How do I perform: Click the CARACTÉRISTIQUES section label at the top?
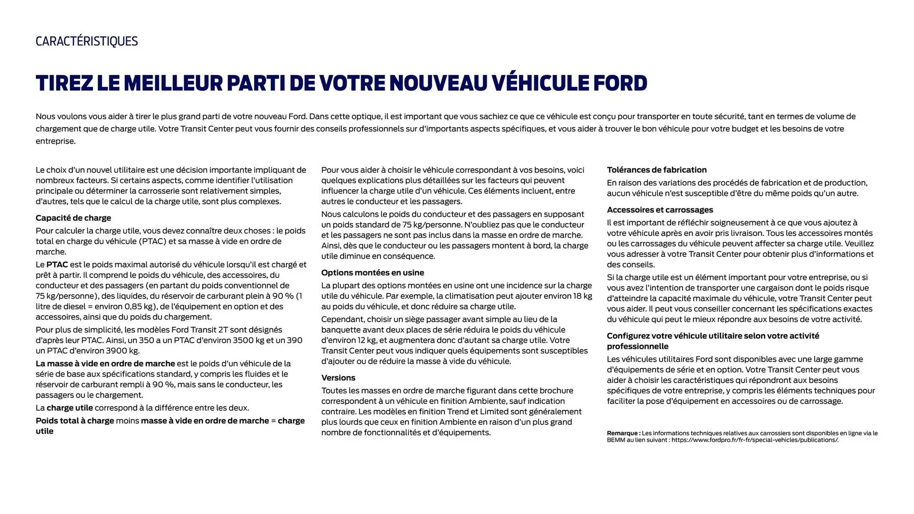[x=87, y=41]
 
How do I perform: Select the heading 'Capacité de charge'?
[x=73, y=218]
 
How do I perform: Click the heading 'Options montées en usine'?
[x=372, y=273]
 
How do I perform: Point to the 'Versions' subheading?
[x=338, y=378]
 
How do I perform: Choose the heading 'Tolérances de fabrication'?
[x=656, y=170]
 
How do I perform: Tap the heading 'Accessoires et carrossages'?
[x=660, y=210]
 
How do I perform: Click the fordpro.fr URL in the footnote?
[x=755, y=440]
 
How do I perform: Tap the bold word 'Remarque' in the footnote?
[x=623, y=433]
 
